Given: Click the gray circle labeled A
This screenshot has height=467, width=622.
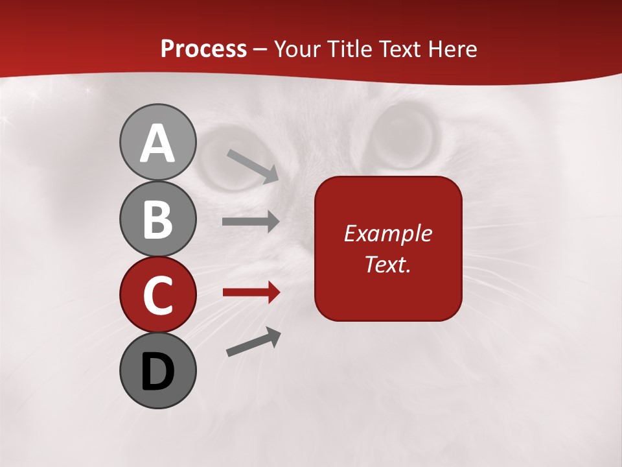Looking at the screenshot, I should pyautogui.click(x=157, y=143).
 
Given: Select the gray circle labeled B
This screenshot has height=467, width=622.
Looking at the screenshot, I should pyautogui.click(x=157, y=219).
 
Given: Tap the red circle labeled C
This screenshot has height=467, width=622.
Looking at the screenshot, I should pyautogui.click(x=157, y=294).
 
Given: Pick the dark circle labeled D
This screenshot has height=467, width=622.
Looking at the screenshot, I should pyautogui.click(x=157, y=370).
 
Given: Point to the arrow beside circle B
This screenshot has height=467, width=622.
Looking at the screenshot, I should pyautogui.click(x=251, y=222).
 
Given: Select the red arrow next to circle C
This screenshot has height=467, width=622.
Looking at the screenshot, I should pyautogui.click(x=251, y=293).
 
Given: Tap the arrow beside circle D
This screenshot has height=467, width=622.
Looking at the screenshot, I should pyautogui.click(x=253, y=342).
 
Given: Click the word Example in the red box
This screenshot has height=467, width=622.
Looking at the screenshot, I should pyautogui.click(x=387, y=233).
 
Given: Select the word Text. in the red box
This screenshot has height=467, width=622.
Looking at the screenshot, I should pyautogui.click(x=387, y=264).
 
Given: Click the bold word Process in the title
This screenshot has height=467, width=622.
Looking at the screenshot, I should pyautogui.click(x=203, y=49).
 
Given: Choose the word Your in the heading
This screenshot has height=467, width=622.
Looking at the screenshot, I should pyautogui.click(x=297, y=49).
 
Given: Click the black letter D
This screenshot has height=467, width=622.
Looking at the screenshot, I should pyautogui.click(x=157, y=372).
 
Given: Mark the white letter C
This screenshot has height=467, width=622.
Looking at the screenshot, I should pyautogui.click(x=157, y=295).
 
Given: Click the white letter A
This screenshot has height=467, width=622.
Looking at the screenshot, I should pyautogui.click(x=157, y=143).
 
